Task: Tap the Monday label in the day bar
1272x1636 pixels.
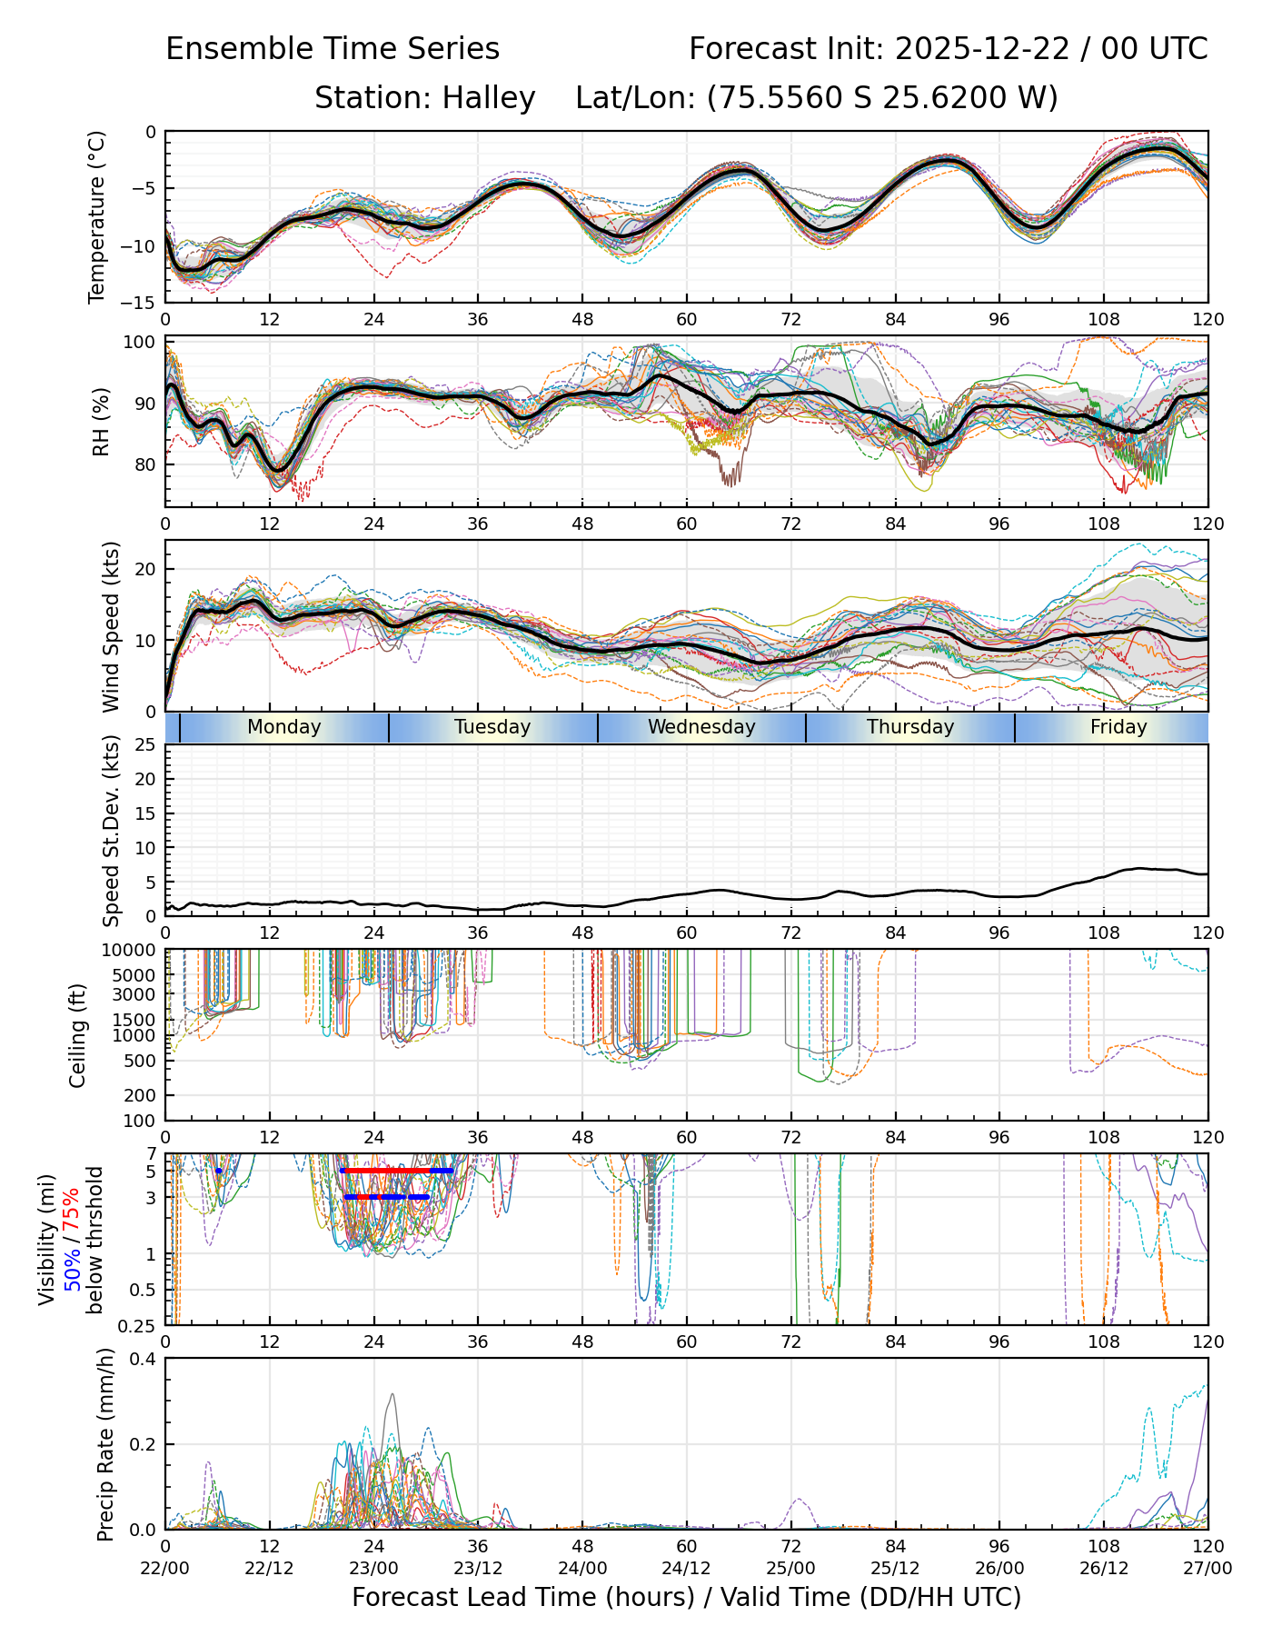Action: click(x=284, y=727)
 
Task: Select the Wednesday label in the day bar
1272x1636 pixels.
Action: click(x=701, y=727)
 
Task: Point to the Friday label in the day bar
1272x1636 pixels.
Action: click(x=1118, y=727)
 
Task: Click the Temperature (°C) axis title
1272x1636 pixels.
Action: click(x=97, y=216)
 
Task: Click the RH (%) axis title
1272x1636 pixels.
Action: click(x=101, y=421)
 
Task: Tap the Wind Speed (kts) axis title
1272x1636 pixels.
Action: click(x=111, y=626)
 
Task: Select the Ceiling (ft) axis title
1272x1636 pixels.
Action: click(x=78, y=1035)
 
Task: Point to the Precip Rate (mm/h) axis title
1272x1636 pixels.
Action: click(x=105, y=1444)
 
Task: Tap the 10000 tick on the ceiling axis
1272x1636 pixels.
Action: click(x=131, y=951)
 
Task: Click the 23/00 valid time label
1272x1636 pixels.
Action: click(x=373, y=1568)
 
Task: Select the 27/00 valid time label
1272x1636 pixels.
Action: click(x=1207, y=1568)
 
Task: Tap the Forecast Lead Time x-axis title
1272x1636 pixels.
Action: click(x=686, y=1597)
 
